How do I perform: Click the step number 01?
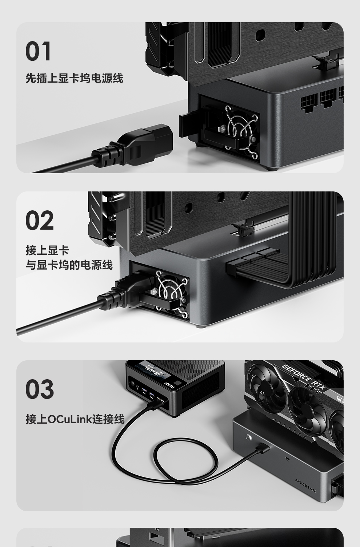(38, 52)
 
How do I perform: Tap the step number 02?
(40, 221)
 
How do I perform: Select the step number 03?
(40, 389)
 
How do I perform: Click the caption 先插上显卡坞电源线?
(74, 78)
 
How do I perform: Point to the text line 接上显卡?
(47, 250)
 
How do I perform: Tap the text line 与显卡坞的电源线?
(69, 265)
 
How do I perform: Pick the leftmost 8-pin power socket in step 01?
(309, 100)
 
